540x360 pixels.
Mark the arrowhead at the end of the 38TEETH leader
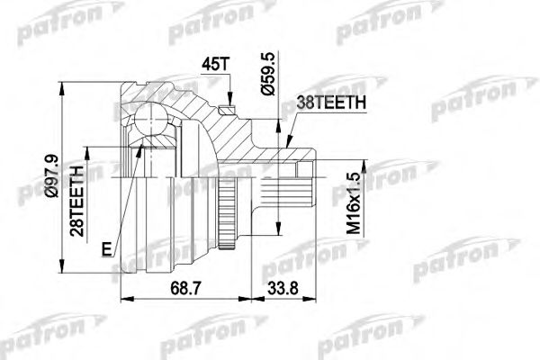point(285,144)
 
